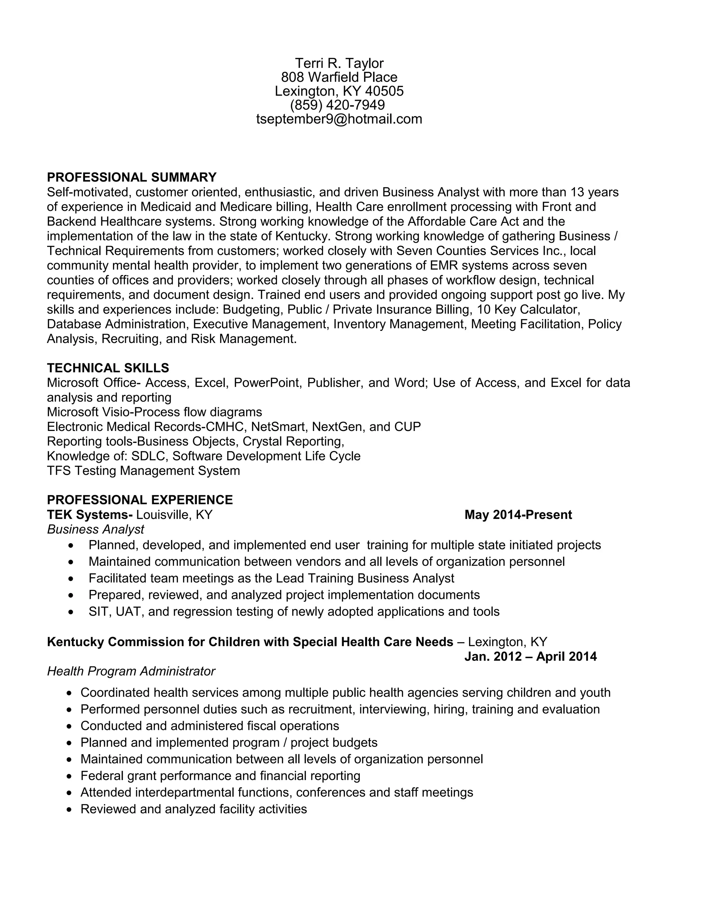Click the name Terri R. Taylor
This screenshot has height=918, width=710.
[x=339, y=63]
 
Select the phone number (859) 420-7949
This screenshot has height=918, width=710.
[x=337, y=105]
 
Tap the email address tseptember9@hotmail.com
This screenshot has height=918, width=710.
[x=339, y=119]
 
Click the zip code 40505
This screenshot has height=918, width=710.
[x=384, y=91]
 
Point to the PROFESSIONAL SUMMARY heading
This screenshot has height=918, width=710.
[x=132, y=177]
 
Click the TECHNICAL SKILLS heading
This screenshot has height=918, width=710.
[x=108, y=368]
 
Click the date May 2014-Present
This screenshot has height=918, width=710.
[x=518, y=514]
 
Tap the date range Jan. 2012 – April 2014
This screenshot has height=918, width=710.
[x=530, y=656]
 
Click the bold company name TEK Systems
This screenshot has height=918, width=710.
[x=89, y=514]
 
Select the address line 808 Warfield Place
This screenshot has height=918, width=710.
[x=339, y=77]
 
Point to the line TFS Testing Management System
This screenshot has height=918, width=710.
[x=144, y=470]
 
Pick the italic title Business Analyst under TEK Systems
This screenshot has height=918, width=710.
[x=95, y=529]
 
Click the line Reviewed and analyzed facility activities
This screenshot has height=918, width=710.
[x=193, y=809]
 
